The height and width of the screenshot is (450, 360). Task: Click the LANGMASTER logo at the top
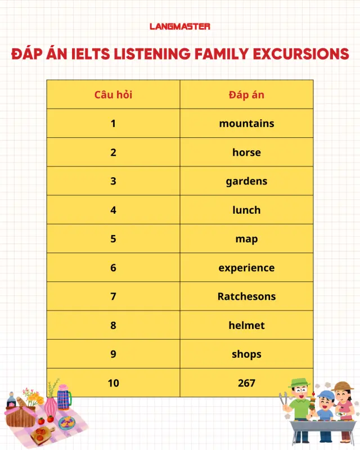click(x=180, y=26)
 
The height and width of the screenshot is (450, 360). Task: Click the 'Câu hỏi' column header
click(x=113, y=94)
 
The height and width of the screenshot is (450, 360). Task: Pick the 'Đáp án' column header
click(x=246, y=94)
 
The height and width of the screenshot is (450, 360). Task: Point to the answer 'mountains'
click(x=246, y=123)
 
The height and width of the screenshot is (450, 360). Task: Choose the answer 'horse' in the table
click(x=246, y=152)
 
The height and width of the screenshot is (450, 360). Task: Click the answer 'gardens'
click(x=246, y=181)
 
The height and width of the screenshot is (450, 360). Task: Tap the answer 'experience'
click(x=246, y=268)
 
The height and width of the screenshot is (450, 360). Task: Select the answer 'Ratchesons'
click(x=246, y=296)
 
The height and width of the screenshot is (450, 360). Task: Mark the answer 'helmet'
click(x=246, y=325)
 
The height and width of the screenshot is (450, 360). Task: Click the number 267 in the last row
click(x=246, y=383)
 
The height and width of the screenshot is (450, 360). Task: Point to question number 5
click(x=113, y=238)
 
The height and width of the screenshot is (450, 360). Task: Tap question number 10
click(x=113, y=383)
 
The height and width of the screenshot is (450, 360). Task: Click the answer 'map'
click(x=246, y=238)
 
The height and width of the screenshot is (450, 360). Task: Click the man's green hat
click(x=299, y=382)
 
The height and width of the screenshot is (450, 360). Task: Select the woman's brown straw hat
click(x=343, y=386)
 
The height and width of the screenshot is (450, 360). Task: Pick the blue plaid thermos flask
click(x=64, y=398)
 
